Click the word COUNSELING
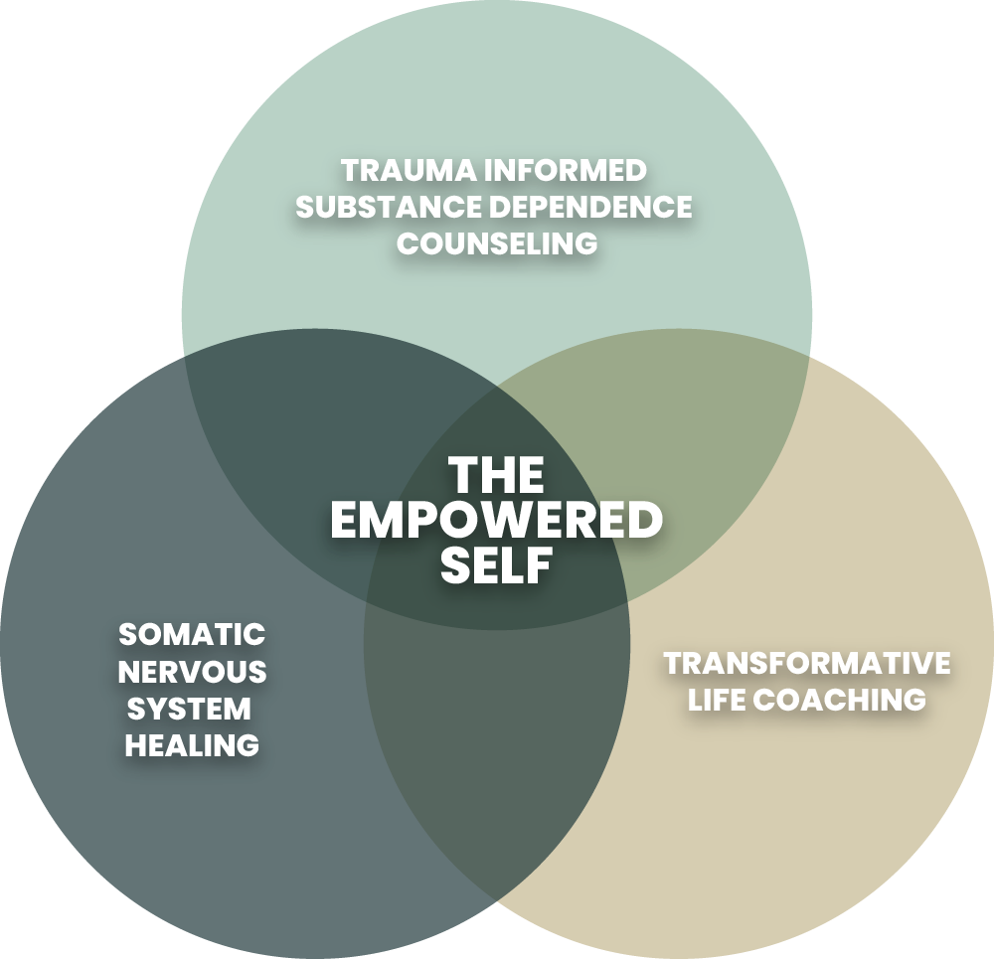[497, 243]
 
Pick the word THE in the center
[497, 475]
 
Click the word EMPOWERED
[497, 521]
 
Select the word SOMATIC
[192, 634]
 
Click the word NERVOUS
[192, 672]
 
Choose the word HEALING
[192, 745]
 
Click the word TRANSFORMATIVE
[806, 663]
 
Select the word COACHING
[840, 700]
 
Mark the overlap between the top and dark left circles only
[298, 398]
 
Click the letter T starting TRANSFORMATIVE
[672, 663]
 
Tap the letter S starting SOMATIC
[126, 634]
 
